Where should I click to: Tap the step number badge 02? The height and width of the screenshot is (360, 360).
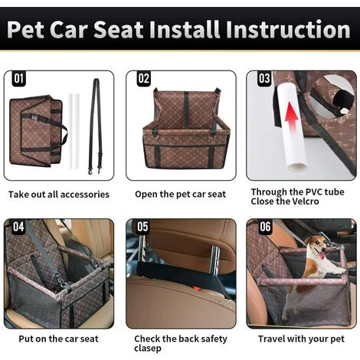(x=144, y=78)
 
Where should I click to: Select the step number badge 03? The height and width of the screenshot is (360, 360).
(x=264, y=78)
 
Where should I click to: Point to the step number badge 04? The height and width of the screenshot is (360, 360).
(x=19, y=227)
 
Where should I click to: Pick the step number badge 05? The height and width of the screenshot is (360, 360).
(x=142, y=227)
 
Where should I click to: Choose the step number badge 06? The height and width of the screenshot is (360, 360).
(x=264, y=227)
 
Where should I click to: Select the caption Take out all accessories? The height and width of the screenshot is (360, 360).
(x=59, y=195)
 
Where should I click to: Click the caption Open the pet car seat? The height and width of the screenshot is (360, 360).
(x=180, y=195)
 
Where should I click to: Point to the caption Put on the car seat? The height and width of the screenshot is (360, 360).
(x=58, y=339)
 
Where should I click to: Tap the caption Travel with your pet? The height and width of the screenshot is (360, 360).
(x=300, y=339)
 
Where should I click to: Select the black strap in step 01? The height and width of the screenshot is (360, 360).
(x=94, y=123)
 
